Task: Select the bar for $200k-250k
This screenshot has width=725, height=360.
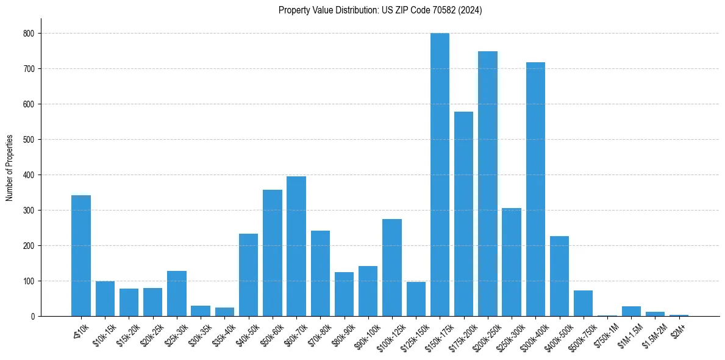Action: tap(488, 184)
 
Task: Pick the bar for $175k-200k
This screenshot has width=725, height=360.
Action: tap(463, 214)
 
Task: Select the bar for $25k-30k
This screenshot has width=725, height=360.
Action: tap(177, 293)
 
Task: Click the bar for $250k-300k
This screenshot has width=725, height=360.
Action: tap(512, 262)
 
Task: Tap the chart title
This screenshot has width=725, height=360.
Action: tap(380, 10)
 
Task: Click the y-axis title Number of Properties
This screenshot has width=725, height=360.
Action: tap(10, 168)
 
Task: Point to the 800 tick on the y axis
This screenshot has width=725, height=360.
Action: tap(29, 34)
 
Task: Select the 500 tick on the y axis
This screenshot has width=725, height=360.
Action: tap(29, 140)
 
